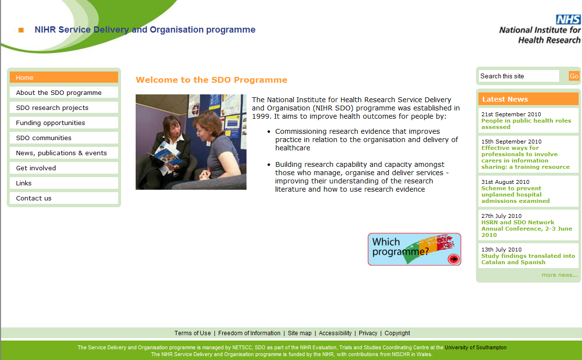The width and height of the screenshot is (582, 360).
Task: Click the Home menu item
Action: point(64,77)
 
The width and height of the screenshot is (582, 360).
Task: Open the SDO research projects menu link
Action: point(64,108)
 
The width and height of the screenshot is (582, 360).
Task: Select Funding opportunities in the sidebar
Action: point(64,123)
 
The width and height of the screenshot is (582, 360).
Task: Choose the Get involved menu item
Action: point(64,168)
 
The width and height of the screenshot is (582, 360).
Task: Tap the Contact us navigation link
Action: point(64,198)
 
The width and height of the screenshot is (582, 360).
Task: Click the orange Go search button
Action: point(574,76)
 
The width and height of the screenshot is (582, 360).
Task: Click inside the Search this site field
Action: point(518,76)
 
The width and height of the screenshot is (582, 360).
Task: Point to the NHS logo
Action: point(568,19)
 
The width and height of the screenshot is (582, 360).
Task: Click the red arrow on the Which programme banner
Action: point(454,259)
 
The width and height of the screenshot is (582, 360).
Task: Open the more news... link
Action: point(559,275)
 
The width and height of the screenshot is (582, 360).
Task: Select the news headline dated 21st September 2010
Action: point(526,124)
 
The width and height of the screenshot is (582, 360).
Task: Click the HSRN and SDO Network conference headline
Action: point(527,229)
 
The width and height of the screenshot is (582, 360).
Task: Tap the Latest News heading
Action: point(505,99)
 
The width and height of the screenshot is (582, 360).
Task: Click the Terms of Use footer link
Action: point(193,333)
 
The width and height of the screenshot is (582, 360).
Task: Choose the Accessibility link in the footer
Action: point(335,333)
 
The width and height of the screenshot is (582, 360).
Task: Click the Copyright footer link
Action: point(397,333)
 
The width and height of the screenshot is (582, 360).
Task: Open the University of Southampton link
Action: point(476,347)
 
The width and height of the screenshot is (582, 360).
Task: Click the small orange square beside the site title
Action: point(21,30)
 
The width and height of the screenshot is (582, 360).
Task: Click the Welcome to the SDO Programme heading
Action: point(212,80)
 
